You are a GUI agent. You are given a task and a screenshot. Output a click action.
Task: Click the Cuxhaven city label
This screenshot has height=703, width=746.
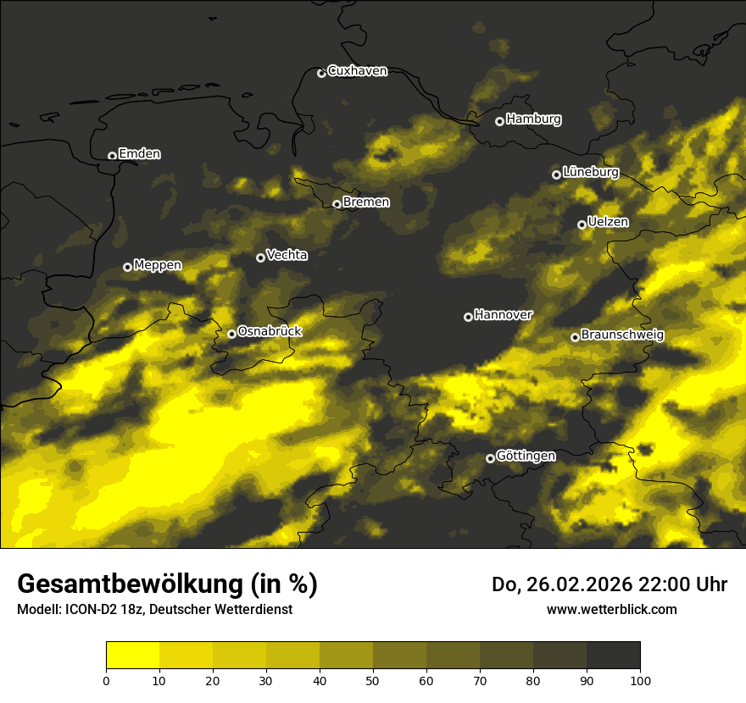(357, 71)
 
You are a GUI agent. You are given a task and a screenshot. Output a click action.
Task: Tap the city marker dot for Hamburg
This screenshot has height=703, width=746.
(499, 121)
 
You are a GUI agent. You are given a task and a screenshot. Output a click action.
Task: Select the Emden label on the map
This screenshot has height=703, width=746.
(139, 154)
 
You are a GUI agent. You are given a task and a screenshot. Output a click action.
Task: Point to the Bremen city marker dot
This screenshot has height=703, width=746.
(337, 204)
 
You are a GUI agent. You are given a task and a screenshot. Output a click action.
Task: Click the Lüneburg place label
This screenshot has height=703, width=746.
(590, 172)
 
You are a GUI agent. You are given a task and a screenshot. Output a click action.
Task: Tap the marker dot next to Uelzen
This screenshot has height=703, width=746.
(582, 224)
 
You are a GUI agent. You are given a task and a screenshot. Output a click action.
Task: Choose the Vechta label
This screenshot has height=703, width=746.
(287, 255)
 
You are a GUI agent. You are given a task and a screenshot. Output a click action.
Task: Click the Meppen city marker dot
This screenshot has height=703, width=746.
(127, 267)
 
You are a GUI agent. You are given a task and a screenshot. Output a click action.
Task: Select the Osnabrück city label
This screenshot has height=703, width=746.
(270, 331)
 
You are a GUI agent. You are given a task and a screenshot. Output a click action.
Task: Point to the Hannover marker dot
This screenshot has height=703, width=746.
(468, 317)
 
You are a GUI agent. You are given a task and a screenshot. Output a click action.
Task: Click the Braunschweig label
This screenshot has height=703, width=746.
(622, 335)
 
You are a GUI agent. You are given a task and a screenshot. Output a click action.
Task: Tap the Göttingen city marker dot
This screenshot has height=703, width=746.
(490, 458)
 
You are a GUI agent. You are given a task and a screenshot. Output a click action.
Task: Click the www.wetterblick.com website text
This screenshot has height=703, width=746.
(611, 609)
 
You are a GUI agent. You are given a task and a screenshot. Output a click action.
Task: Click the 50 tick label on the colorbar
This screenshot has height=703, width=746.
(373, 680)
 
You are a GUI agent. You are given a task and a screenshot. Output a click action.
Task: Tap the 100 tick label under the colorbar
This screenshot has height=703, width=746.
(640, 680)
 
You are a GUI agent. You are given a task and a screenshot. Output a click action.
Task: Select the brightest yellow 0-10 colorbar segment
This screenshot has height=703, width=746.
(132, 656)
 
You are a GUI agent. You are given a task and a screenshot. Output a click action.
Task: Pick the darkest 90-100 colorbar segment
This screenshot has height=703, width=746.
(613, 656)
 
